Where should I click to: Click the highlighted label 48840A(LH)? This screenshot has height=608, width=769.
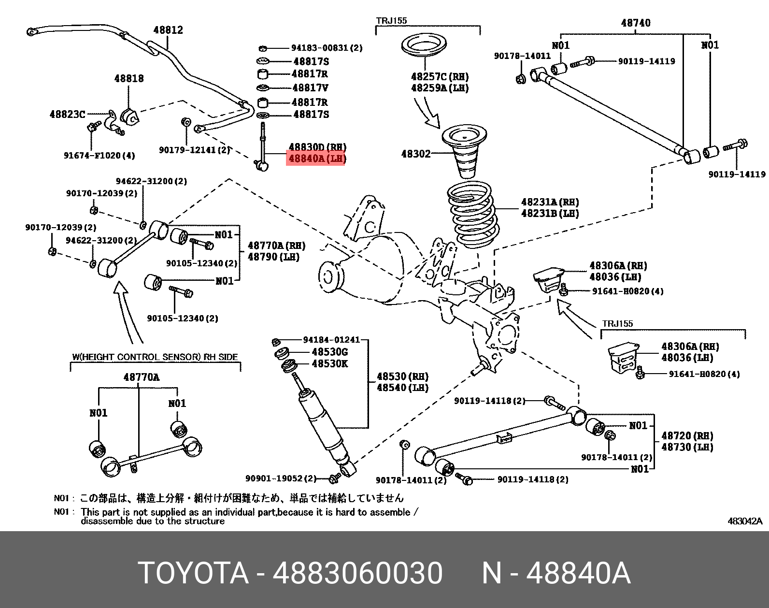316,158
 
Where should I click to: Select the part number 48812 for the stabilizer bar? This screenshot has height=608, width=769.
168,30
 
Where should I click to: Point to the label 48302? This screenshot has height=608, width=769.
415,154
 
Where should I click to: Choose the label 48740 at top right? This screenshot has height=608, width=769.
635,23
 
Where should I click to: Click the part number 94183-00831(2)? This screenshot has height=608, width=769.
327,48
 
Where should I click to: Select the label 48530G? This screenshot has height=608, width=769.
329,352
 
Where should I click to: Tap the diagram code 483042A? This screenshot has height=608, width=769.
745,521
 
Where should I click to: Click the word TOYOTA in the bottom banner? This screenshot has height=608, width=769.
193,574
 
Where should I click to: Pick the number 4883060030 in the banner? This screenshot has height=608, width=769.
357,574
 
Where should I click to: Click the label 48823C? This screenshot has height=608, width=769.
67,115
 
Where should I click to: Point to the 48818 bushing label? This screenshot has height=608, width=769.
128,78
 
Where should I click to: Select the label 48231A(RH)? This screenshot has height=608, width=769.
550,202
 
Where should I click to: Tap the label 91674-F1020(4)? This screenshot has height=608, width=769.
99,156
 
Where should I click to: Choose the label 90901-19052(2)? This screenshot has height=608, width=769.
281,478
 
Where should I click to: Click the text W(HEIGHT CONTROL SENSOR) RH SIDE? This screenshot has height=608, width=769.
155,357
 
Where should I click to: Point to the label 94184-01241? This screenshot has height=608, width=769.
331,340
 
